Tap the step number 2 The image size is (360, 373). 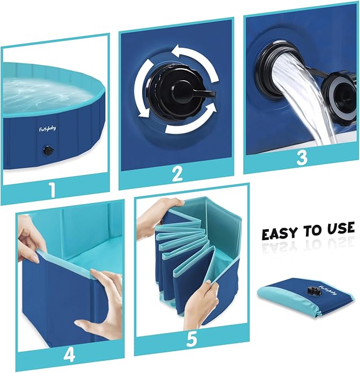pyautogui.click(x=177, y=174)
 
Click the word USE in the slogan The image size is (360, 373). pyautogui.click(x=338, y=229)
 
